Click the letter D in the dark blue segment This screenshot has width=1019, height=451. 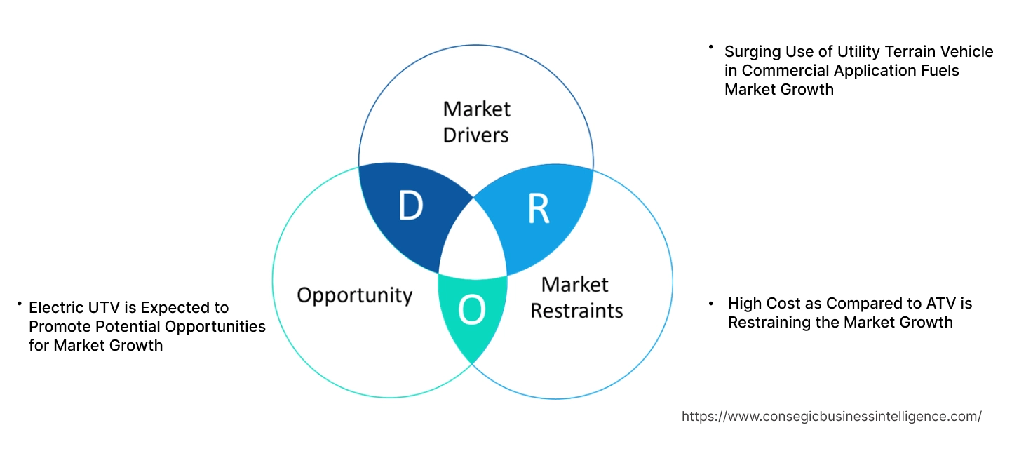pos(411,206)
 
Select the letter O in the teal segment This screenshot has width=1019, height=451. pos(471,311)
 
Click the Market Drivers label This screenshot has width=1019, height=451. pos(476,121)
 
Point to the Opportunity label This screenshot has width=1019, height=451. pos(354,295)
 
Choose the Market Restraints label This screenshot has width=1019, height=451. pos(576,297)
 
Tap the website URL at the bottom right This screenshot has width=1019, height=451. pos(831,416)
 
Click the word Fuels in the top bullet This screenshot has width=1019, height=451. pos(941,70)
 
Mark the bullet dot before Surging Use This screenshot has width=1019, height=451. pos(710,48)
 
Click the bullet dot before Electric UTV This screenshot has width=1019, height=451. pos(20,304)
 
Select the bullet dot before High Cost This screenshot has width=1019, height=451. pos(710,303)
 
